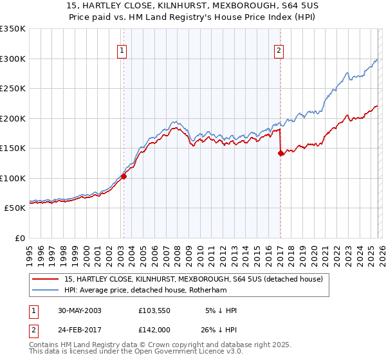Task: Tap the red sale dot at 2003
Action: pyautogui.click(x=124, y=177)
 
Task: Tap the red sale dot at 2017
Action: pyautogui.click(x=280, y=153)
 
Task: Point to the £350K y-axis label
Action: pyautogui.click(x=13, y=29)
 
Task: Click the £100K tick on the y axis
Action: pyautogui.click(x=13, y=178)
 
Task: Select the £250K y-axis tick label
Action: pyautogui.click(x=13, y=89)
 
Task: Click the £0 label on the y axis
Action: pyautogui.click(x=19, y=238)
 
